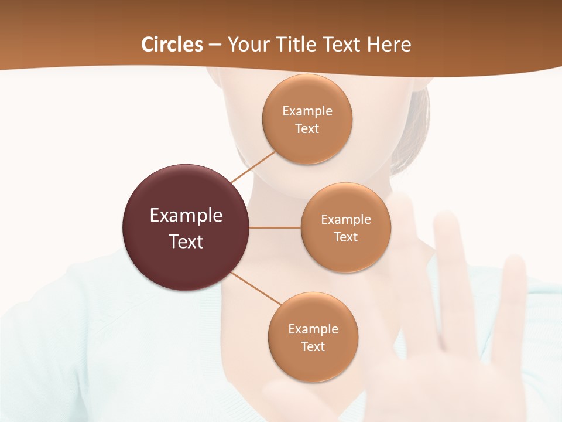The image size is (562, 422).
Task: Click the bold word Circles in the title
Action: pyautogui.click(x=172, y=45)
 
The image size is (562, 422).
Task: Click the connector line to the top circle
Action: pyautogui.click(x=253, y=166)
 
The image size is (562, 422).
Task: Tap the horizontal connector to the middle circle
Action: pyautogui.click(x=275, y=227)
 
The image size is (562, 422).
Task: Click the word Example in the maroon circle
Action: pyautogui.click(x=186, y=216)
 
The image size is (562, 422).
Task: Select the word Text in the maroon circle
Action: pyautogui.click(x=186, y=241)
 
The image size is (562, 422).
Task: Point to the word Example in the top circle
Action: pyautogui.click(x=307, y=111)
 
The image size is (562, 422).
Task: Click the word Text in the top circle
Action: pyautogui.click(x=307, y=129)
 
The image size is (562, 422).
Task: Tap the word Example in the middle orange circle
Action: pyautogui.click(x=346, y=220)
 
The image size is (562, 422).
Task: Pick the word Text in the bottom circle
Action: pyautogui.click(x=313, y=347)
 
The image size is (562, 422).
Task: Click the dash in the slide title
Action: pyautogui.click(x=215, y=45)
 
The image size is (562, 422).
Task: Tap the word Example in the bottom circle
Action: pyautogui.click(x=313, y=329)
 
